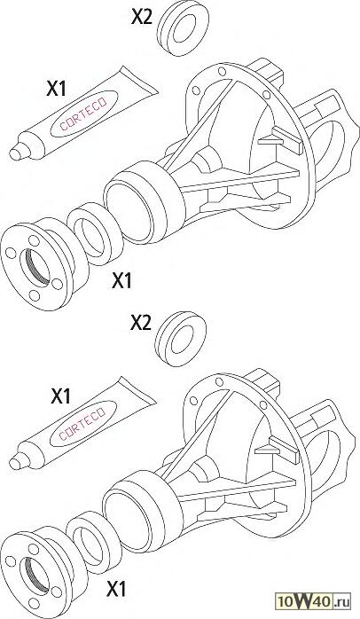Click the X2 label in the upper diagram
click(x=141, y=17)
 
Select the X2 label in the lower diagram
click(x=141, y=323)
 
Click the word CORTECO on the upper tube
click(x=82, y=114)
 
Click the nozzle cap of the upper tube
click(x=18, y=152)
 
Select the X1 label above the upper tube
click(x=56, y=89)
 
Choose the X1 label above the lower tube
click(x=60, y=396)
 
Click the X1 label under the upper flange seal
click(x=121, y=281)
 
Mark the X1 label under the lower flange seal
click(x=117, y=590)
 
